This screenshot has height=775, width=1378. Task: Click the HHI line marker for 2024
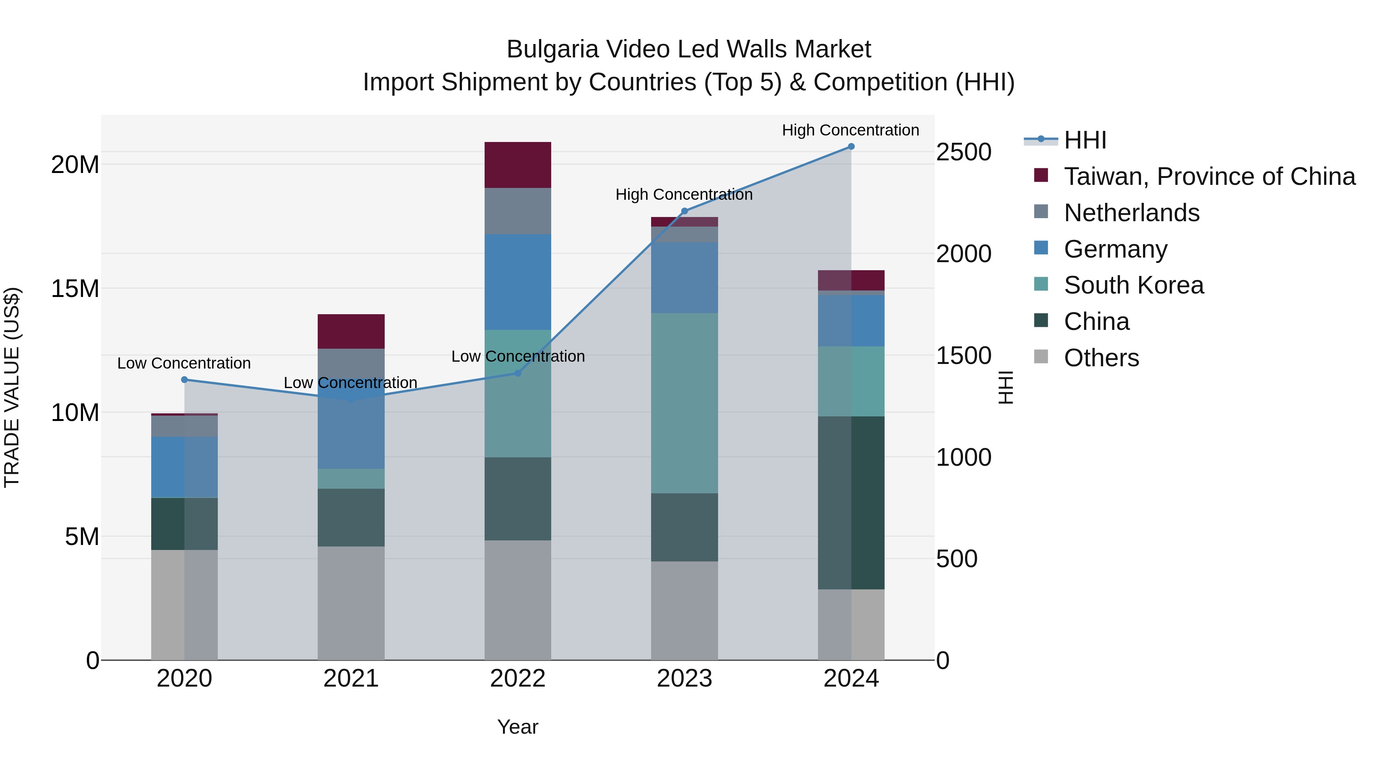click(x=851, y=147)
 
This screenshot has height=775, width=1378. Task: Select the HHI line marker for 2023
click(x=684, y=211)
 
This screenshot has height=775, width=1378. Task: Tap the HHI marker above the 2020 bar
click(x=184, y=380)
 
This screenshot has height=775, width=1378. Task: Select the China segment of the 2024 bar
click(x=851, y=503)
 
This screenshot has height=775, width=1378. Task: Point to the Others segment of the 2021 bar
click(x=351, y=603)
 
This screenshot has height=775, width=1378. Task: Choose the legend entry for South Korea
click(x=1133, y=285)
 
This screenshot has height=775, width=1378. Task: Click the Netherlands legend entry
click(x=1131, y=213)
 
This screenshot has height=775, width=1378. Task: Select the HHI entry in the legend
click(x=1085, y=140)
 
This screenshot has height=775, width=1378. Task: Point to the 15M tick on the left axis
click(x=75, y=289)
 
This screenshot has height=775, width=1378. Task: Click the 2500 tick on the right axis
click(x=963, y=152)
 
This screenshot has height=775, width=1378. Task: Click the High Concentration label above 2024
click(x=850, y=130)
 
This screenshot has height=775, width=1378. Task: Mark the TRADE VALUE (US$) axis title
click(x=12, y=387)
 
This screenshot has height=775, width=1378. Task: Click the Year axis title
click(x=517, y=727)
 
